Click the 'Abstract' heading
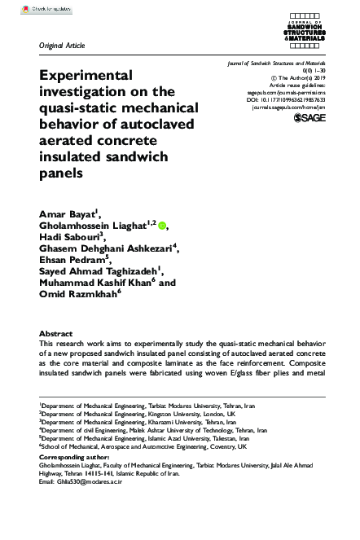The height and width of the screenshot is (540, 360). pyautogui.click(x=57, y=334)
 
